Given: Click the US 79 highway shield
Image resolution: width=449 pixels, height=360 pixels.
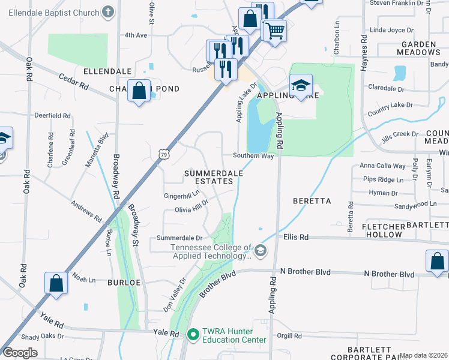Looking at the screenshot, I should [164, 155].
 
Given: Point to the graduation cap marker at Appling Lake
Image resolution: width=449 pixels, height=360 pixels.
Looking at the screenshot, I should [301, 85].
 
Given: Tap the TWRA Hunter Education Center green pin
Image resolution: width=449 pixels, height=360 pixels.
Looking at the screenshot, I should [193, 334].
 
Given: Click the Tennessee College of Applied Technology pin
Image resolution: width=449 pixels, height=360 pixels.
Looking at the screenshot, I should [260, 250].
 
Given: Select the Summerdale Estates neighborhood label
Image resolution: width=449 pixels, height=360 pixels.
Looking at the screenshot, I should [213, 177].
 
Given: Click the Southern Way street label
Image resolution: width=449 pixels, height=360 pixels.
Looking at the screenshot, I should [253, 156].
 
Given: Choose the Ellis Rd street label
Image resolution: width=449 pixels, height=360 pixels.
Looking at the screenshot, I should [296, 238].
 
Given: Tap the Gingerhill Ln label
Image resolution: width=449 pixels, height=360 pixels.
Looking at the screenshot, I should [181, 196].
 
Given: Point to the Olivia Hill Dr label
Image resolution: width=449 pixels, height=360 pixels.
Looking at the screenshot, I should [191, 209].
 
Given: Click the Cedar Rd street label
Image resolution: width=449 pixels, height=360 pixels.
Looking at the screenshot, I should [73, 82].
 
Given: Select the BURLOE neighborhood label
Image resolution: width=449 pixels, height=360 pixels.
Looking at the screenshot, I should [124, 281].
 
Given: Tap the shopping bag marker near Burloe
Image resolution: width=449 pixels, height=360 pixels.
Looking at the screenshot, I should [56, 283].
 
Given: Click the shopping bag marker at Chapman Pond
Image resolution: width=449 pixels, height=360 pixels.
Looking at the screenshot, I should [139, 91].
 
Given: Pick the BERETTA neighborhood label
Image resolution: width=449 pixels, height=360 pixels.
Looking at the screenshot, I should [312, 200].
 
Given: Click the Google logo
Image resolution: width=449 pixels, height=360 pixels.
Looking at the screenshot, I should [20, 353].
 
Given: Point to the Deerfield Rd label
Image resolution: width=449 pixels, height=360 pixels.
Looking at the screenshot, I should [52, 116].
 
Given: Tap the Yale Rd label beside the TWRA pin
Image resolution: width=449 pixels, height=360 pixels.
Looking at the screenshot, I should [166, 334].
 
